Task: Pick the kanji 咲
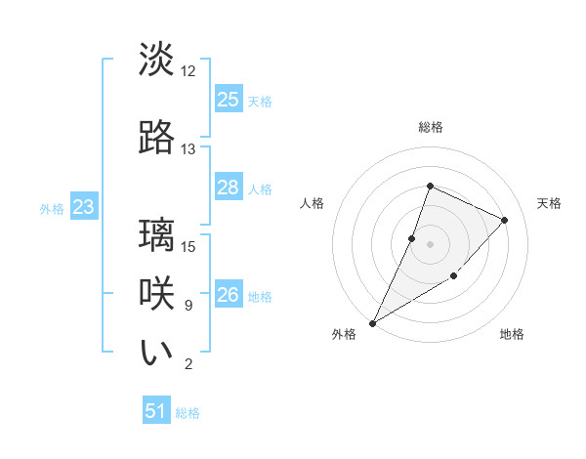point(157,293)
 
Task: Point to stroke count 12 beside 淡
point(188,71)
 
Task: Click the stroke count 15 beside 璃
point(188,246)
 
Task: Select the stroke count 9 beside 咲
point(188,306)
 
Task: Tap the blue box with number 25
point(229,100)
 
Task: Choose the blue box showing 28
point(229,188)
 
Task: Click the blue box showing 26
point(229,295)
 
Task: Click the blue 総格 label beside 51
point(188,413)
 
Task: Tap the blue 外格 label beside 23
point(52,208)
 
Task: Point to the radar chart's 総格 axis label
point(430,127)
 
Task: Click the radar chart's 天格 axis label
point(550,203)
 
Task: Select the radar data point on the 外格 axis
point(372,322)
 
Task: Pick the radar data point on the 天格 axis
point(505,220)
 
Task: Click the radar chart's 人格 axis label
point(312,203)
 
